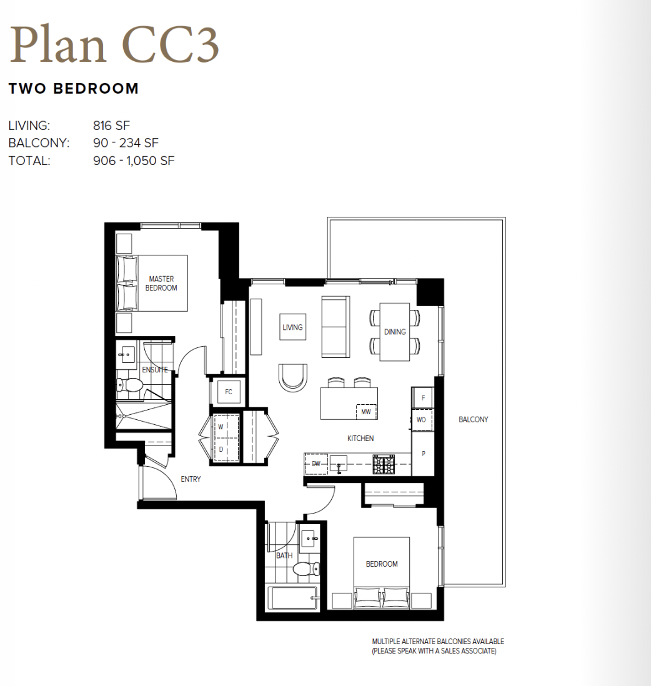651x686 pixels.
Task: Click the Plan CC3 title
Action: pyautogui.click(x=114, y=45)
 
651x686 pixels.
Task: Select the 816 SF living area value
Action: pyautogui.click(x=112, y=126)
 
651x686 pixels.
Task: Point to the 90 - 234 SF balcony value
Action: pyautogui.click(x=126, y=143)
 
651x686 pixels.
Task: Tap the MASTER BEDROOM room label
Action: pyautogui.click(x=161, y=283)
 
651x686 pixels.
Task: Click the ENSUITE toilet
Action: pyautogui.click(x=130, y=385)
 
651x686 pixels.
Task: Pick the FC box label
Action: pyautogui.click(x=229, y=392)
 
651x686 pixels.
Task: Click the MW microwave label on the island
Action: pyautogui.click(x=365, y=412)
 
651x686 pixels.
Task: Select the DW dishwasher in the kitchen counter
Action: pyautogui.click(x=316, y=464)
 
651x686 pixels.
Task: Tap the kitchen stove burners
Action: pyautogui.click(x=384, y=464)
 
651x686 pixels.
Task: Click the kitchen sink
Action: pyautogui.click(x=338, y=464)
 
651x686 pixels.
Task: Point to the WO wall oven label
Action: pyautogui.click(x=421, y=420)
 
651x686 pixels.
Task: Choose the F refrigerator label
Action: pyautogui.click(x=423, y=398)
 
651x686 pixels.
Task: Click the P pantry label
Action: pyautogui.click(x=423, y=454)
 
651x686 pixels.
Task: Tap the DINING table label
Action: pyautogui.click(x=395, y=332)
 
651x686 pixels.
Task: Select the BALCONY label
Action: pyautogui.click(x=474, y=420)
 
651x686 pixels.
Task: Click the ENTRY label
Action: pyautogui.click(x=191, y=479)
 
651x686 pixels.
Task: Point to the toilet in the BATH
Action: pyautogui.click(x=306, y=569)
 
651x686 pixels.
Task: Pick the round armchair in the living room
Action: pyautogui.click(x=292, y=377)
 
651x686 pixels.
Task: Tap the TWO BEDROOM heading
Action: pyautogui.click(x=74, y=89)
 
